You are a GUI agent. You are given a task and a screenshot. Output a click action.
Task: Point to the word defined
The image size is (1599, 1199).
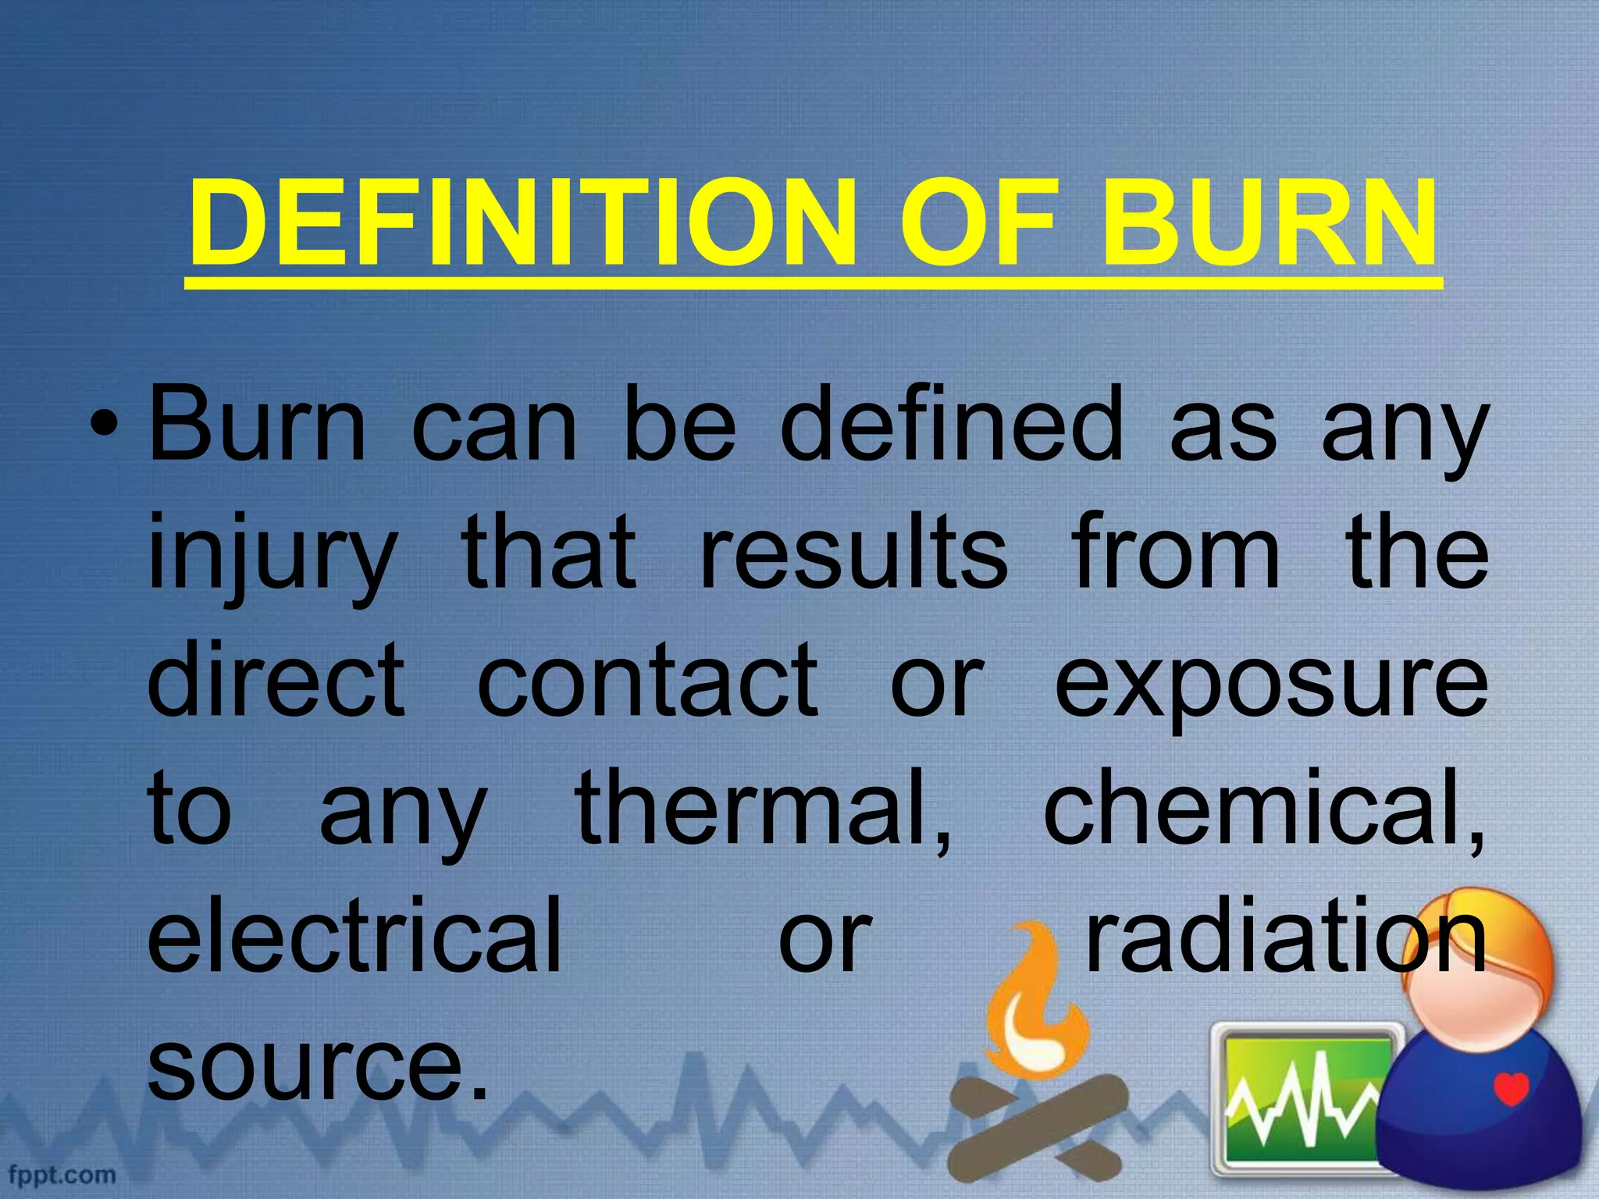[x=951, y=425]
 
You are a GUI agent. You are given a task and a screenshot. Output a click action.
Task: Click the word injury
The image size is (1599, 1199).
[x=272, y=554]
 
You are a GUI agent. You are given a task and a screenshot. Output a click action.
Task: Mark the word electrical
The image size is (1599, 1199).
[x=355, y=935]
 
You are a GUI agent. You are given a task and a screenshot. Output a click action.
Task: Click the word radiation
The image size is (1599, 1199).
[x=1284, y=935]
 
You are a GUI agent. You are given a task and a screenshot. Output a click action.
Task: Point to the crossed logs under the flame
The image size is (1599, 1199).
[x=1038, y=1128]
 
